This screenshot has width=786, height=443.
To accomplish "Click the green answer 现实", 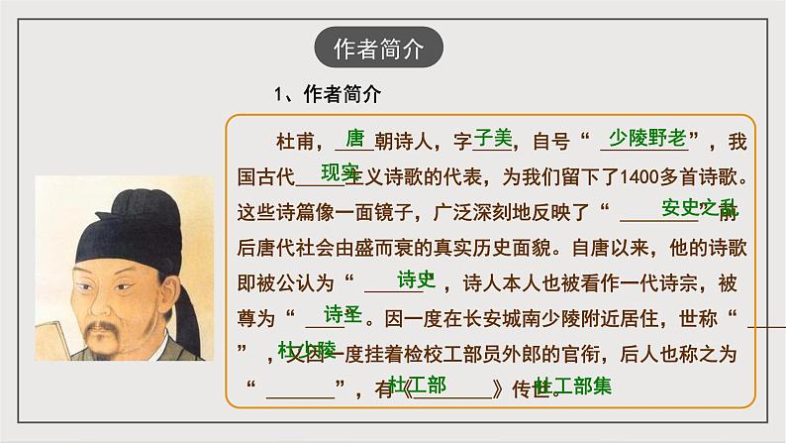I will click(339, 171).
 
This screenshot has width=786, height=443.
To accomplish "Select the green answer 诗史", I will click(416, 279).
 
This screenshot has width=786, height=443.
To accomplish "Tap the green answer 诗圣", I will click(344, 314).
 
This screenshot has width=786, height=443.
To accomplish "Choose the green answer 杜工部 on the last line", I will click(416, 384).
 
